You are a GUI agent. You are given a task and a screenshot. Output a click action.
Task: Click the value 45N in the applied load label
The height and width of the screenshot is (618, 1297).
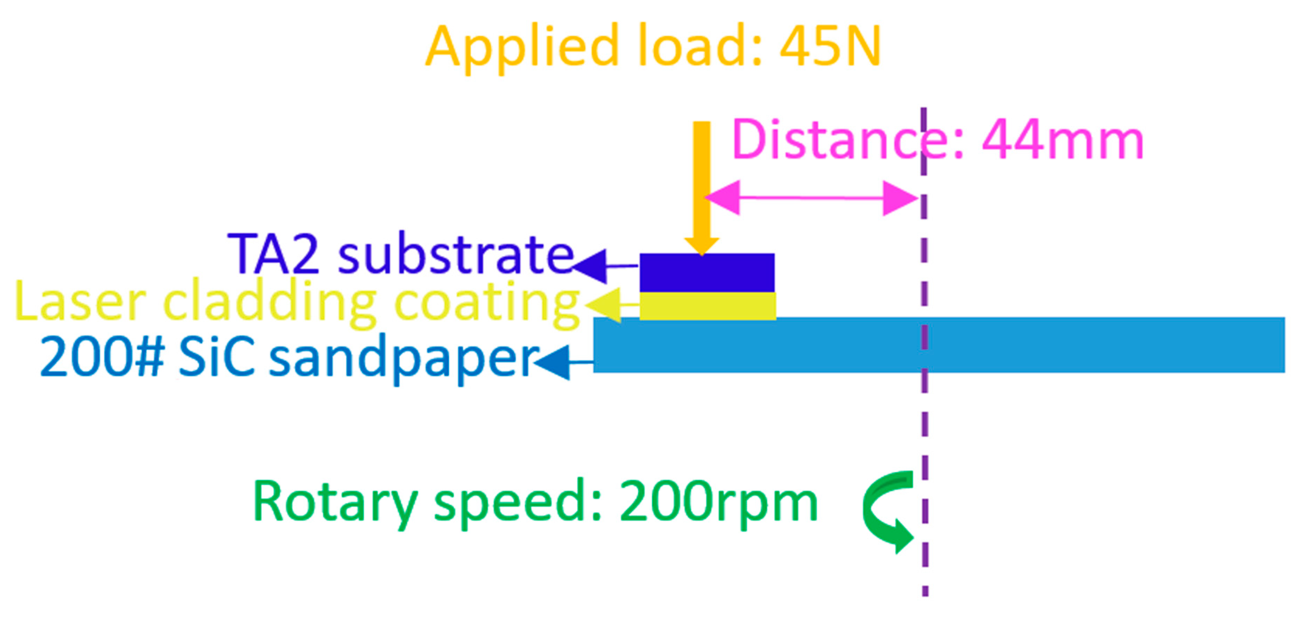pos(830,46)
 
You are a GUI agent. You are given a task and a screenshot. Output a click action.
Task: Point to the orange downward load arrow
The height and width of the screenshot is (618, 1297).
pos(702,186)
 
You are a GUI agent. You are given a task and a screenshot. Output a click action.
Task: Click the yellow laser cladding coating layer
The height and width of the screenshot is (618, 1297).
pos(707,306)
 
